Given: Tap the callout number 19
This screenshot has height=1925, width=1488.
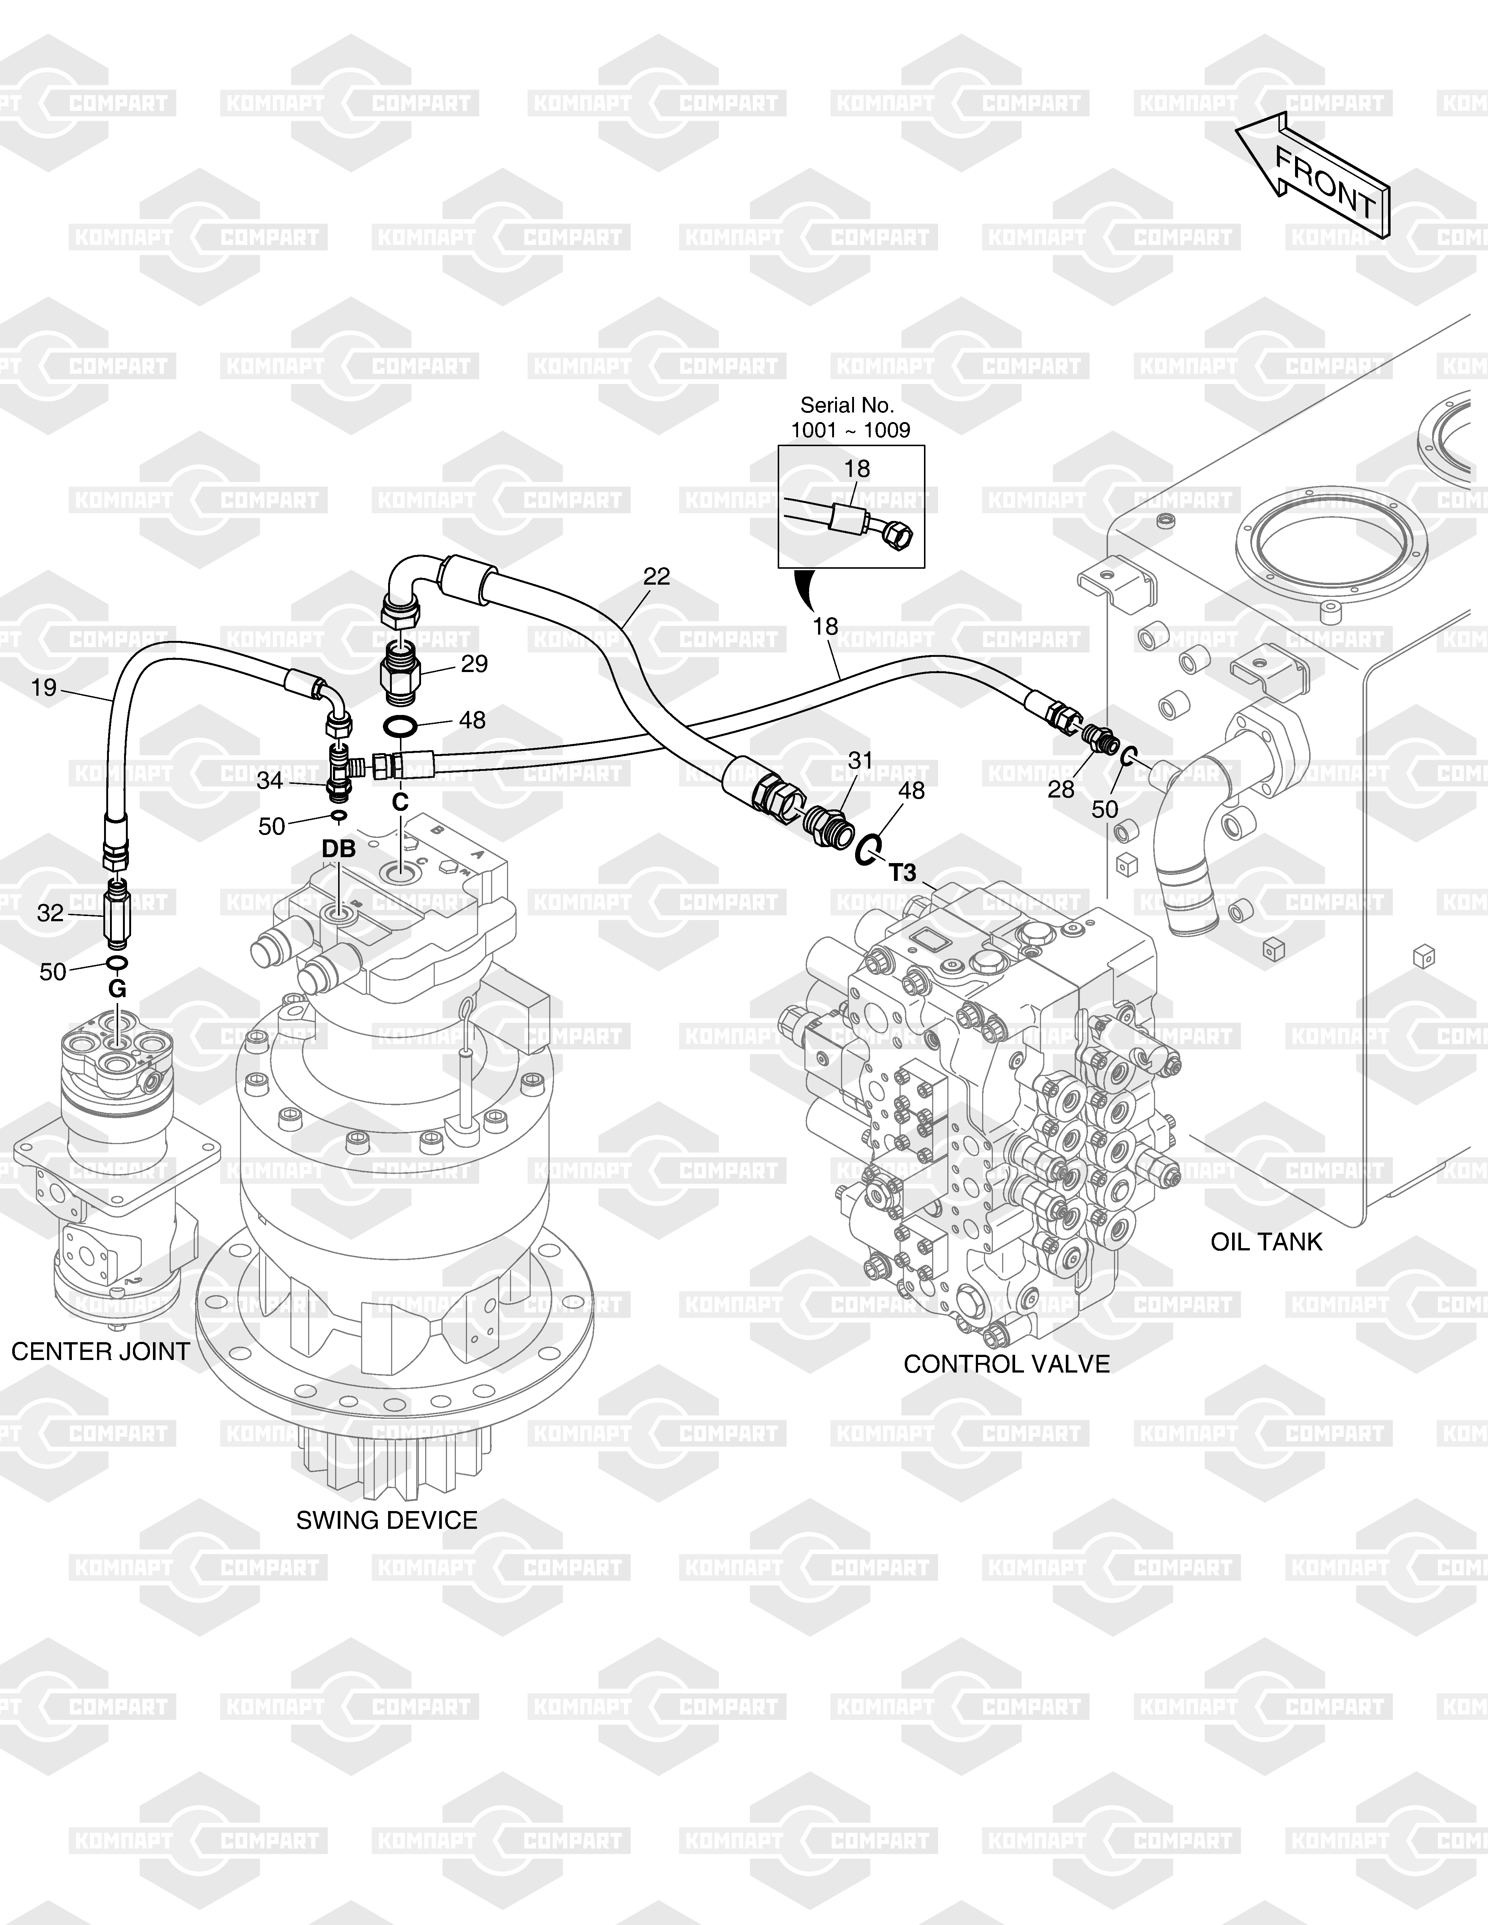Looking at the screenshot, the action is pyautogui.click(x=44, y=686).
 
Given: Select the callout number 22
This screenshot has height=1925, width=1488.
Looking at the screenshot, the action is pyautogui.click(x=657, y=577).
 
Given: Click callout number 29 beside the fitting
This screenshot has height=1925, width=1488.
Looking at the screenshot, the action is pyautogui.click(x=474, y=664).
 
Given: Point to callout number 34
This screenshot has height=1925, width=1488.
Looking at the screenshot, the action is pyautogui.click(x=270, y=780).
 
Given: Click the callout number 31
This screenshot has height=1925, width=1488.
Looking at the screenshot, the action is pyautogui.click(x=860, y=760).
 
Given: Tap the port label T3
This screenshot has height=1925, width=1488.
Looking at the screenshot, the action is pyautogui.click(x=903, y=873).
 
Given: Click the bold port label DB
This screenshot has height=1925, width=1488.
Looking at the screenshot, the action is pyautogui.click(x=338, y=849).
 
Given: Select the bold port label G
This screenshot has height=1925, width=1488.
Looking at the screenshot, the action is pyautogui.click(x=117, y=990).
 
